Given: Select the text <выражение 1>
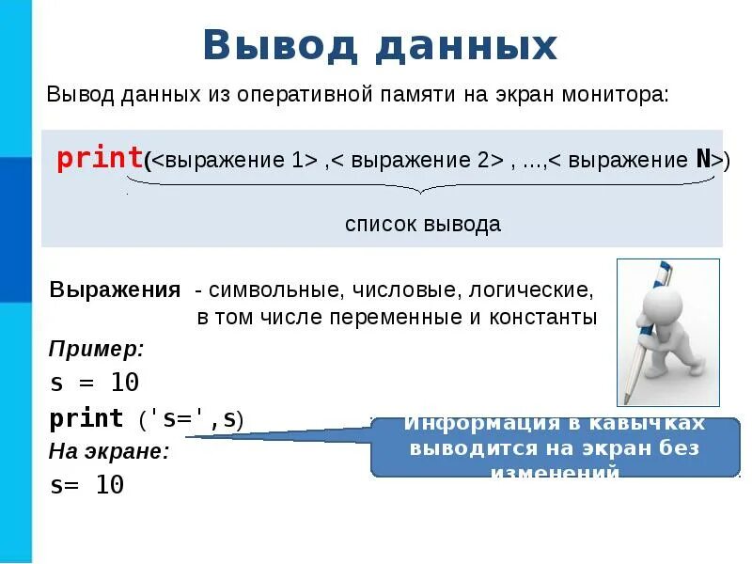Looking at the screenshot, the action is (x=234, y=159).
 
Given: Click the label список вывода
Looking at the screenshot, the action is (x=422, y=225).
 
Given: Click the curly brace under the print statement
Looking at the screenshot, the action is (x=422, y=187).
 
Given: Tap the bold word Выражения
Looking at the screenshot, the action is (x=115, y=290).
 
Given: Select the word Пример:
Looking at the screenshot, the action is (x=96, y=350).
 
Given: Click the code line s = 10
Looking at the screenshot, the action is (x=94, y=383).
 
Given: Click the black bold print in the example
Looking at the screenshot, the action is (x=86, y=418).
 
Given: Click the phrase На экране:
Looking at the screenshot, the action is (x=109, y=451).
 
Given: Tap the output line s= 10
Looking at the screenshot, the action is (x=86, y=485).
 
